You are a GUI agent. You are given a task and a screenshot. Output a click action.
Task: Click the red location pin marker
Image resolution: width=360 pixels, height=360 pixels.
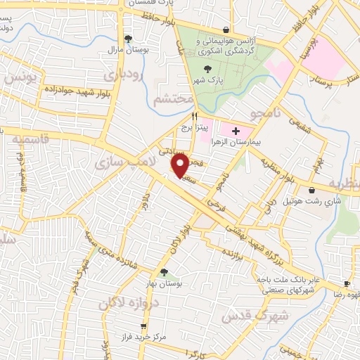(180, 167)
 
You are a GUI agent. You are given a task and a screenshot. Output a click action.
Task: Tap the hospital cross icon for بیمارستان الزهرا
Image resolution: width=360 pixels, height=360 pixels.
(236, 130)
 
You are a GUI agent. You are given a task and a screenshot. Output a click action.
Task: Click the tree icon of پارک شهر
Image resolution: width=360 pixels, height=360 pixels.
(207, 69)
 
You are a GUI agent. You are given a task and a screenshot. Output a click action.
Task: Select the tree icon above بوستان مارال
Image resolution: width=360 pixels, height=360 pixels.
(127, 39)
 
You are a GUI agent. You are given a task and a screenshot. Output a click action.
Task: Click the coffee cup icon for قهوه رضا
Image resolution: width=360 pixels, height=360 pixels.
(346, 283)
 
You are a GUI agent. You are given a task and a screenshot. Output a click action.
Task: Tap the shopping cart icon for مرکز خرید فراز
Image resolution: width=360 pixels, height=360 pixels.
(144, 326)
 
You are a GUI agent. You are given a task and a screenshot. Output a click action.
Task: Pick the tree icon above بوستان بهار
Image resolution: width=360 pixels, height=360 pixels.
(164, 272)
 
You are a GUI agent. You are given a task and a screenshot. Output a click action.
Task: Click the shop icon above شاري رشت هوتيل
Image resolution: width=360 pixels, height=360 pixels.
(311, 189)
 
